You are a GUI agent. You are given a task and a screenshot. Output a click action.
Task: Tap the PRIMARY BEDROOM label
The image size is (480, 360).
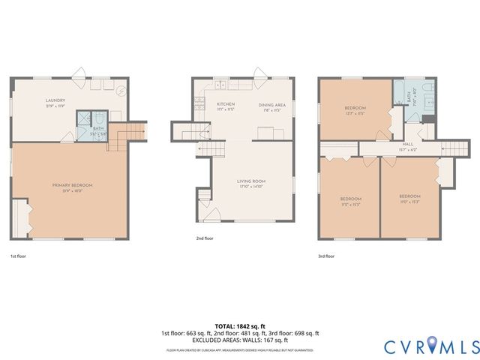click(72, 184)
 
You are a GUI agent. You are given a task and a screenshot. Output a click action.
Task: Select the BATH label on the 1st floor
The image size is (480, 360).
click(98, 128)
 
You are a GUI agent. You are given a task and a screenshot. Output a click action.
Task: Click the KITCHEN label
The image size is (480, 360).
click(226, 104)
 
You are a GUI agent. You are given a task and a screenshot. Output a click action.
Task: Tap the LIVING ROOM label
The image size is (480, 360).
click(252, 181)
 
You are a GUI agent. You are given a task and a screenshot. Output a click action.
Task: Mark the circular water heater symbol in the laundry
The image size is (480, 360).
click(121, 90)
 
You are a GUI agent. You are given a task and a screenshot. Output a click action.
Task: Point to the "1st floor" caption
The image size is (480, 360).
click(19, 256)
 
